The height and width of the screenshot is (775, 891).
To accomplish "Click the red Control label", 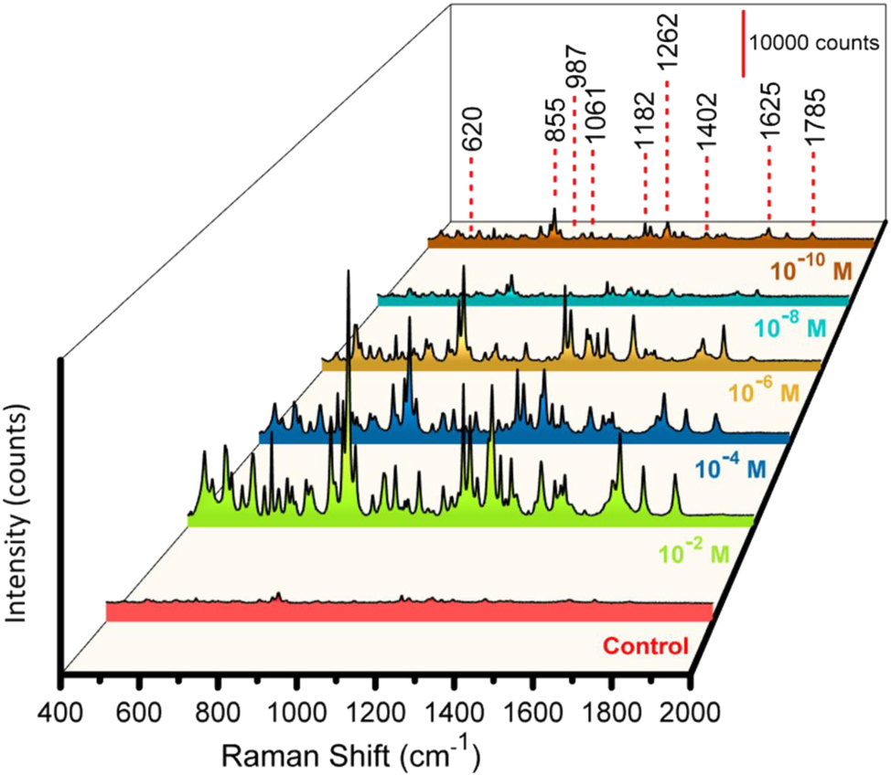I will point(646,648).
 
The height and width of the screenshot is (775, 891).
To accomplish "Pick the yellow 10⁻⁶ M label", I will point(765,393).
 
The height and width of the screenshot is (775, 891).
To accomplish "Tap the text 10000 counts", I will point(812,44).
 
